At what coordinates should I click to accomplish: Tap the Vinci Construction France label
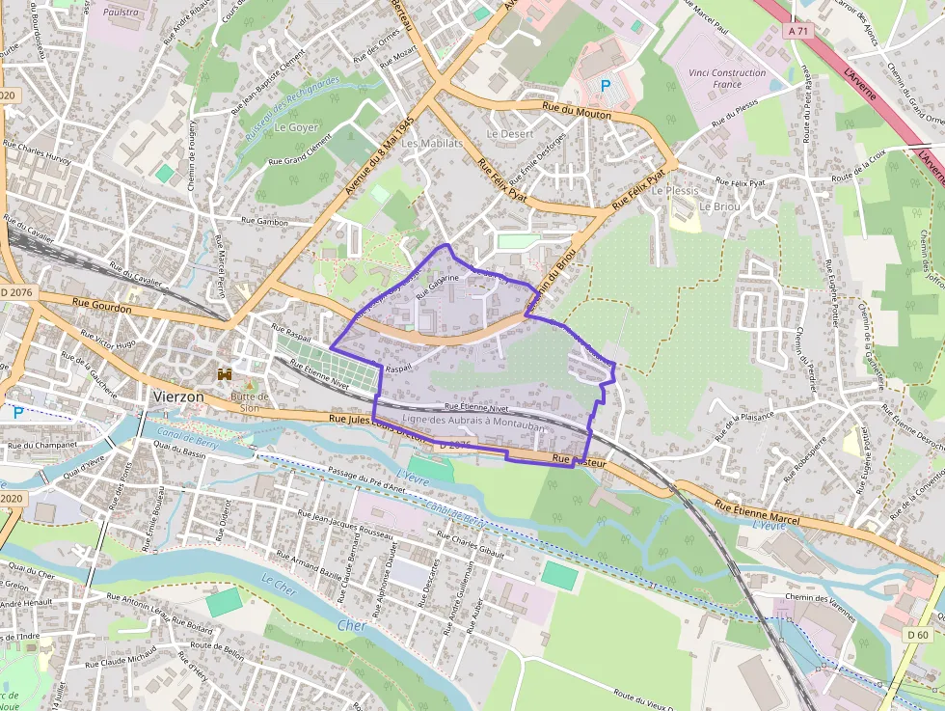coord(727,78)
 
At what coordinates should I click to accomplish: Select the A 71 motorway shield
coord(797,32)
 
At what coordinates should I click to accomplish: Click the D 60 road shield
coord(916,635)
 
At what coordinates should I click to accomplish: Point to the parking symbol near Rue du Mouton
coord(606,86)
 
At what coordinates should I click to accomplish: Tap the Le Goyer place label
coord(296,127)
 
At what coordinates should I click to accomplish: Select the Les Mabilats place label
coord(432,144)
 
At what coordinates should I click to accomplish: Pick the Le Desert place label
coord(509,134)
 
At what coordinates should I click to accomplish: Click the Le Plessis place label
coord(674,191)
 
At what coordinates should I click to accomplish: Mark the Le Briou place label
coord(718,206)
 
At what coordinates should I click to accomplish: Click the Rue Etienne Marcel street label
coord(759,508)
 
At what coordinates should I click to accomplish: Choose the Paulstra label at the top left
coord(121,13)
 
